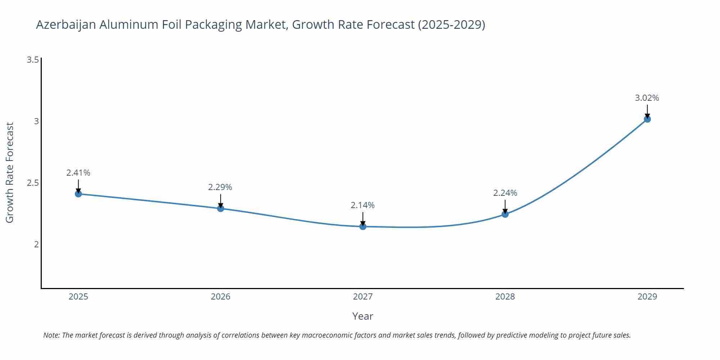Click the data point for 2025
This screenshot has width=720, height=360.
click(x=78, y=194)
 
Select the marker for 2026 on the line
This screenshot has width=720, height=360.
click(x=221, y=208)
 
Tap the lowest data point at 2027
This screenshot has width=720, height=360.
click(x=363, y=226)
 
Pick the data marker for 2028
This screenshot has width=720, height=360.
click(x=505, y=214)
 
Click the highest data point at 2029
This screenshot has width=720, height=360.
click(x=647, y=119)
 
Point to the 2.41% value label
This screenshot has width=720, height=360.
click(x=78, y=173)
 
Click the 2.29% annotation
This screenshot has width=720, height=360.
click(x=220, y=187)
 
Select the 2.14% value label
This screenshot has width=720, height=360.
click(x=363, y=205)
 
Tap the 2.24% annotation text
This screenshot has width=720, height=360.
click(x=505, y=193)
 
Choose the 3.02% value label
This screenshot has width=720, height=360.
click(x=647, y=98)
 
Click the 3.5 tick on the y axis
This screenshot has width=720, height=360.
click(x=33, y=60)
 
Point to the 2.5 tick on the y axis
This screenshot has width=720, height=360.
click(x=33, y=183)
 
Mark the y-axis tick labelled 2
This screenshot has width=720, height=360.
click(x=36, y=244)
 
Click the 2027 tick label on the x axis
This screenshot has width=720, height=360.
click(x=363, y=297)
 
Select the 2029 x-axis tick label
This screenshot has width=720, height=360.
click(x=647, y=297)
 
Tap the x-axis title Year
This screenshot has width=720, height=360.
click(x=363, y=316)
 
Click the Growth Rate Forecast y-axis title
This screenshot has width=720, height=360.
click(x=10, y=172)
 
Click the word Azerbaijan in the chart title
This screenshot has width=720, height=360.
click(x=66, y=25)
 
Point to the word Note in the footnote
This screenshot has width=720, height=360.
click(x=51, y=335)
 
